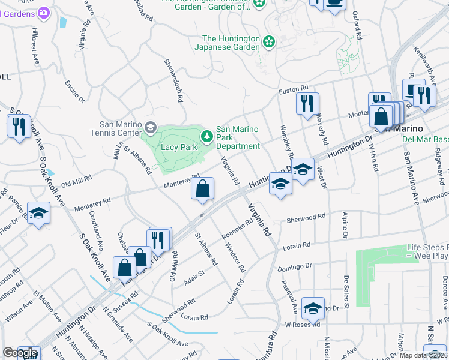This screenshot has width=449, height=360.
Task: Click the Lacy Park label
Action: [x=179, y=147]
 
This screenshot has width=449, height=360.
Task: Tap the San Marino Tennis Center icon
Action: [x=150, y=127]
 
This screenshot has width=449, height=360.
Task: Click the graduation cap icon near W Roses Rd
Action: [x=313, y=308]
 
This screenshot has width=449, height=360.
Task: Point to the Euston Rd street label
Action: [x=294, y=91]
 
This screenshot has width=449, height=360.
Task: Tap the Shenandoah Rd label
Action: [x=173, y=79]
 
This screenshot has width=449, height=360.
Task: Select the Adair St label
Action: [x=194, y=277]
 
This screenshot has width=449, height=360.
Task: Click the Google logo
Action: [x=20, y=353]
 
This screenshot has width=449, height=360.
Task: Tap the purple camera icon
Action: [x=43, y=13]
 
